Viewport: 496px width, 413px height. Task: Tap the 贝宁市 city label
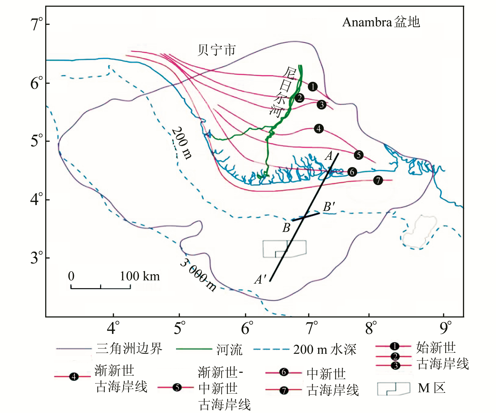[x=216, y=50]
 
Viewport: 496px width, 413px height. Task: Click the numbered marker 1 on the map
[x=312, y=87]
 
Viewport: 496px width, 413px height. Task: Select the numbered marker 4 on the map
[x=319, y=129]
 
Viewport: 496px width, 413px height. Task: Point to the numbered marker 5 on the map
[x=358, y=155]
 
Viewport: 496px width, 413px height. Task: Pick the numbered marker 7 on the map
[x=378, y=180]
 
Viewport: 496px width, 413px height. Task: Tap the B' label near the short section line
[x=329, y=207]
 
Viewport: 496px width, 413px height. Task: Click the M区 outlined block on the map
[x=284, y=249]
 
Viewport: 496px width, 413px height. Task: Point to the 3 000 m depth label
[x=198, y=275]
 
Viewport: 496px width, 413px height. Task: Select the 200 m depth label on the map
[x=182, y=143]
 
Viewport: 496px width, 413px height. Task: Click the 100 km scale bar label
[x=139, y=276]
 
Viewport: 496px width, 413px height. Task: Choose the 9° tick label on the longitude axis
[x=445, y=328]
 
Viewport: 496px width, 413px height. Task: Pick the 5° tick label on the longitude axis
[x=179, y=328]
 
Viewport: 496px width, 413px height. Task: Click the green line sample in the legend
[x=194, y=349]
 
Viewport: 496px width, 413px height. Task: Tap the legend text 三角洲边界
[x=129, y=349]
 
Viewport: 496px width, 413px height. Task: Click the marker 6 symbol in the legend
[x=284, y=372]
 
